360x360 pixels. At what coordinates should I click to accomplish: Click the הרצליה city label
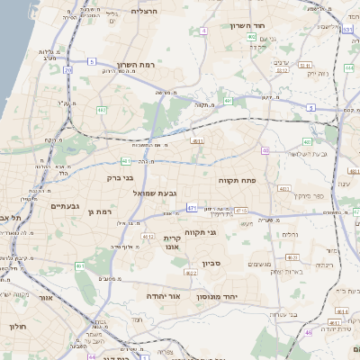click(144, 11)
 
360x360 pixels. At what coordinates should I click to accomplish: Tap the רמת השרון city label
click(137, 65)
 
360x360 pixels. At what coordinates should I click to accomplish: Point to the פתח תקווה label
click(238, 180)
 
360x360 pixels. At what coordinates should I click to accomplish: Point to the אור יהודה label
click(164, 295)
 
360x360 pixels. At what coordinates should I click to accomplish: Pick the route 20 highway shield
click(68, 68)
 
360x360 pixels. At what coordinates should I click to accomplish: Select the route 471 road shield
click(192, 208)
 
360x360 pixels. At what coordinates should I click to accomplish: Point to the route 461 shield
click(80, 266)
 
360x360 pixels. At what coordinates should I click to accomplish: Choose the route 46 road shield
click(308, 332)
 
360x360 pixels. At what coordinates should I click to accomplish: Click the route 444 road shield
click(348, 67)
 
